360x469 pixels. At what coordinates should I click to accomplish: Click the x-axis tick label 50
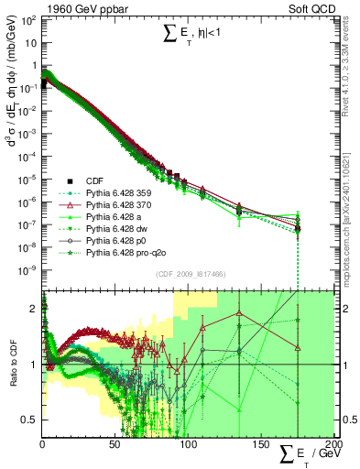[115, 444]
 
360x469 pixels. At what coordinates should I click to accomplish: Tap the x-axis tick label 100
[187, 444]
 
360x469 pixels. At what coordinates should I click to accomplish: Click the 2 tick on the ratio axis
[34, 309]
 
